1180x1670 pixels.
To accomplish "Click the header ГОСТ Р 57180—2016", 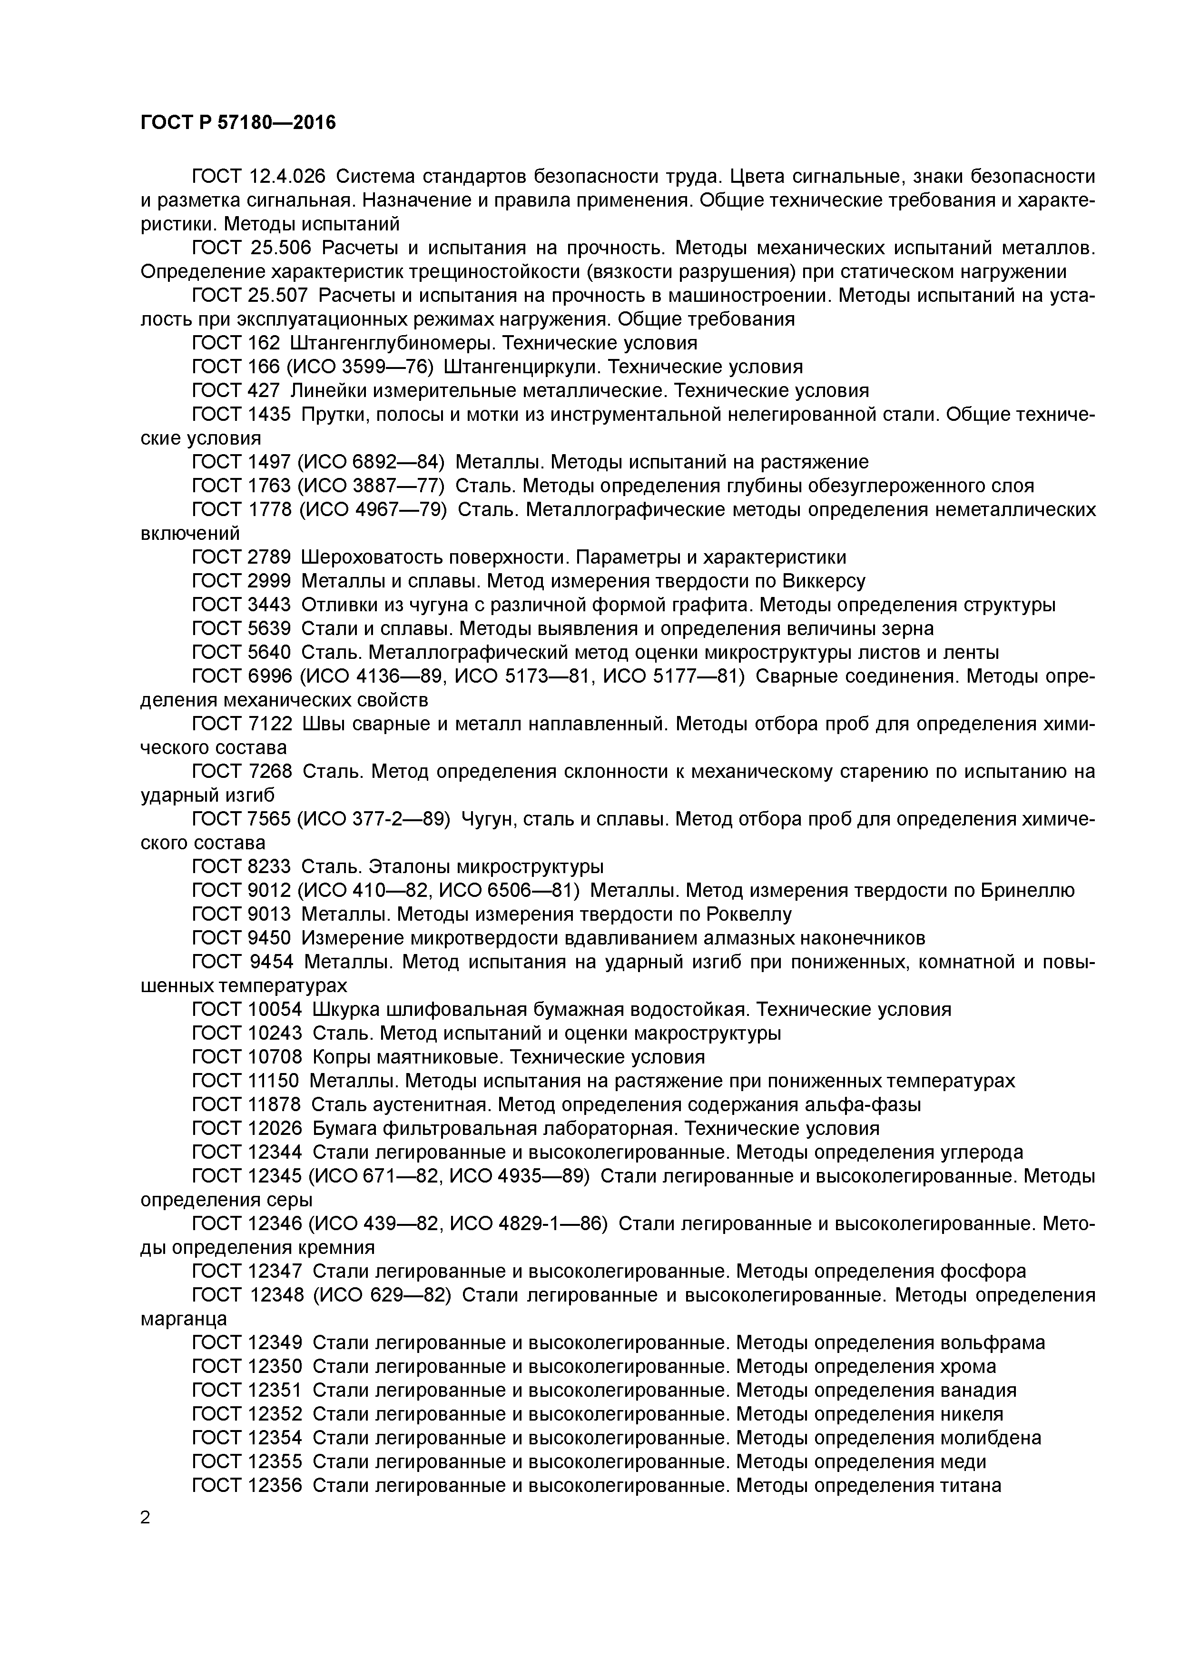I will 238,123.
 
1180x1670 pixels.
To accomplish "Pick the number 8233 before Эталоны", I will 269,867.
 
